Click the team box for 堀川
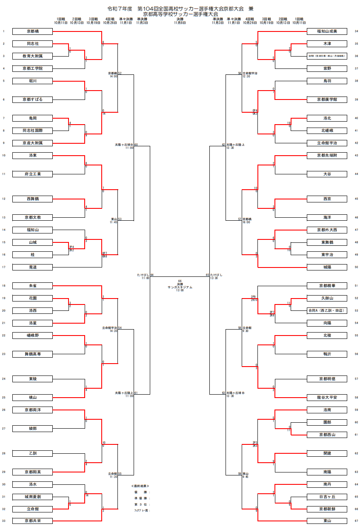33,81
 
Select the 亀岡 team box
33,118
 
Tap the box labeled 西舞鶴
33,199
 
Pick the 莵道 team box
33,267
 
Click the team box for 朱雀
33,285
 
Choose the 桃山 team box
33,398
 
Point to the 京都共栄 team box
33,521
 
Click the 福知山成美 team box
327,31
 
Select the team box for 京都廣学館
327,100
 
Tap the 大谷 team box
327,174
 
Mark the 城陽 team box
327,267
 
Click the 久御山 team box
327,298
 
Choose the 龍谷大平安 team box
327,398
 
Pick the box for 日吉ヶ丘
327,497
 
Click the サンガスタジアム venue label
180,287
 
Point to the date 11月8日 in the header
180,23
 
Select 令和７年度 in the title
120,9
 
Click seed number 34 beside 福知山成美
356,31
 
